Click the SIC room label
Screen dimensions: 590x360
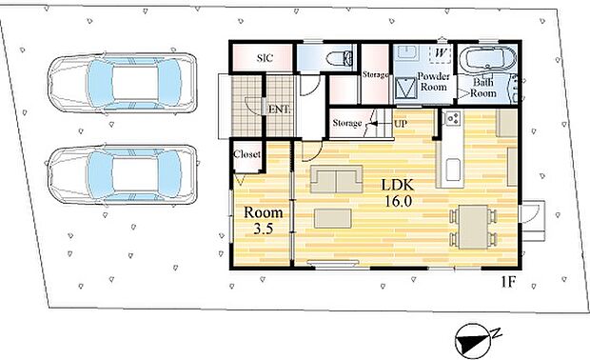point(265,58)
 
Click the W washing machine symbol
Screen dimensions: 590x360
point(440,53)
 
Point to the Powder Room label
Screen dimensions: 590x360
point(434,82)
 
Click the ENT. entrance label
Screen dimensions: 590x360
point(279,110)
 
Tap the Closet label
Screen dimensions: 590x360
point(246,154)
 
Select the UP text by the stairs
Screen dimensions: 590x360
point(401,124)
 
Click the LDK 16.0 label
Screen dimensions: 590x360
point(398,192)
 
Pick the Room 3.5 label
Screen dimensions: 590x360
point(263,220)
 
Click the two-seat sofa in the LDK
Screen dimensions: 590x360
point(336,179)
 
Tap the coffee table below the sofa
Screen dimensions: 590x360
point(333,218)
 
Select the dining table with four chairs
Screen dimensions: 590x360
point(473,227)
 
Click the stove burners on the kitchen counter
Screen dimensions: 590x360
point(452,119)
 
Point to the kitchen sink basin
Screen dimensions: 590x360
point(453,170)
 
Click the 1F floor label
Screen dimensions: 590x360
point(507,282)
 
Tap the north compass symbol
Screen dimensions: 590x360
point(474,340)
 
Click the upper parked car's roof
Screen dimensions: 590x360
point(135,83)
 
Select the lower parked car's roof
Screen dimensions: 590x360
point(135,174)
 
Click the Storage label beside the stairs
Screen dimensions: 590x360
point(347,123)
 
